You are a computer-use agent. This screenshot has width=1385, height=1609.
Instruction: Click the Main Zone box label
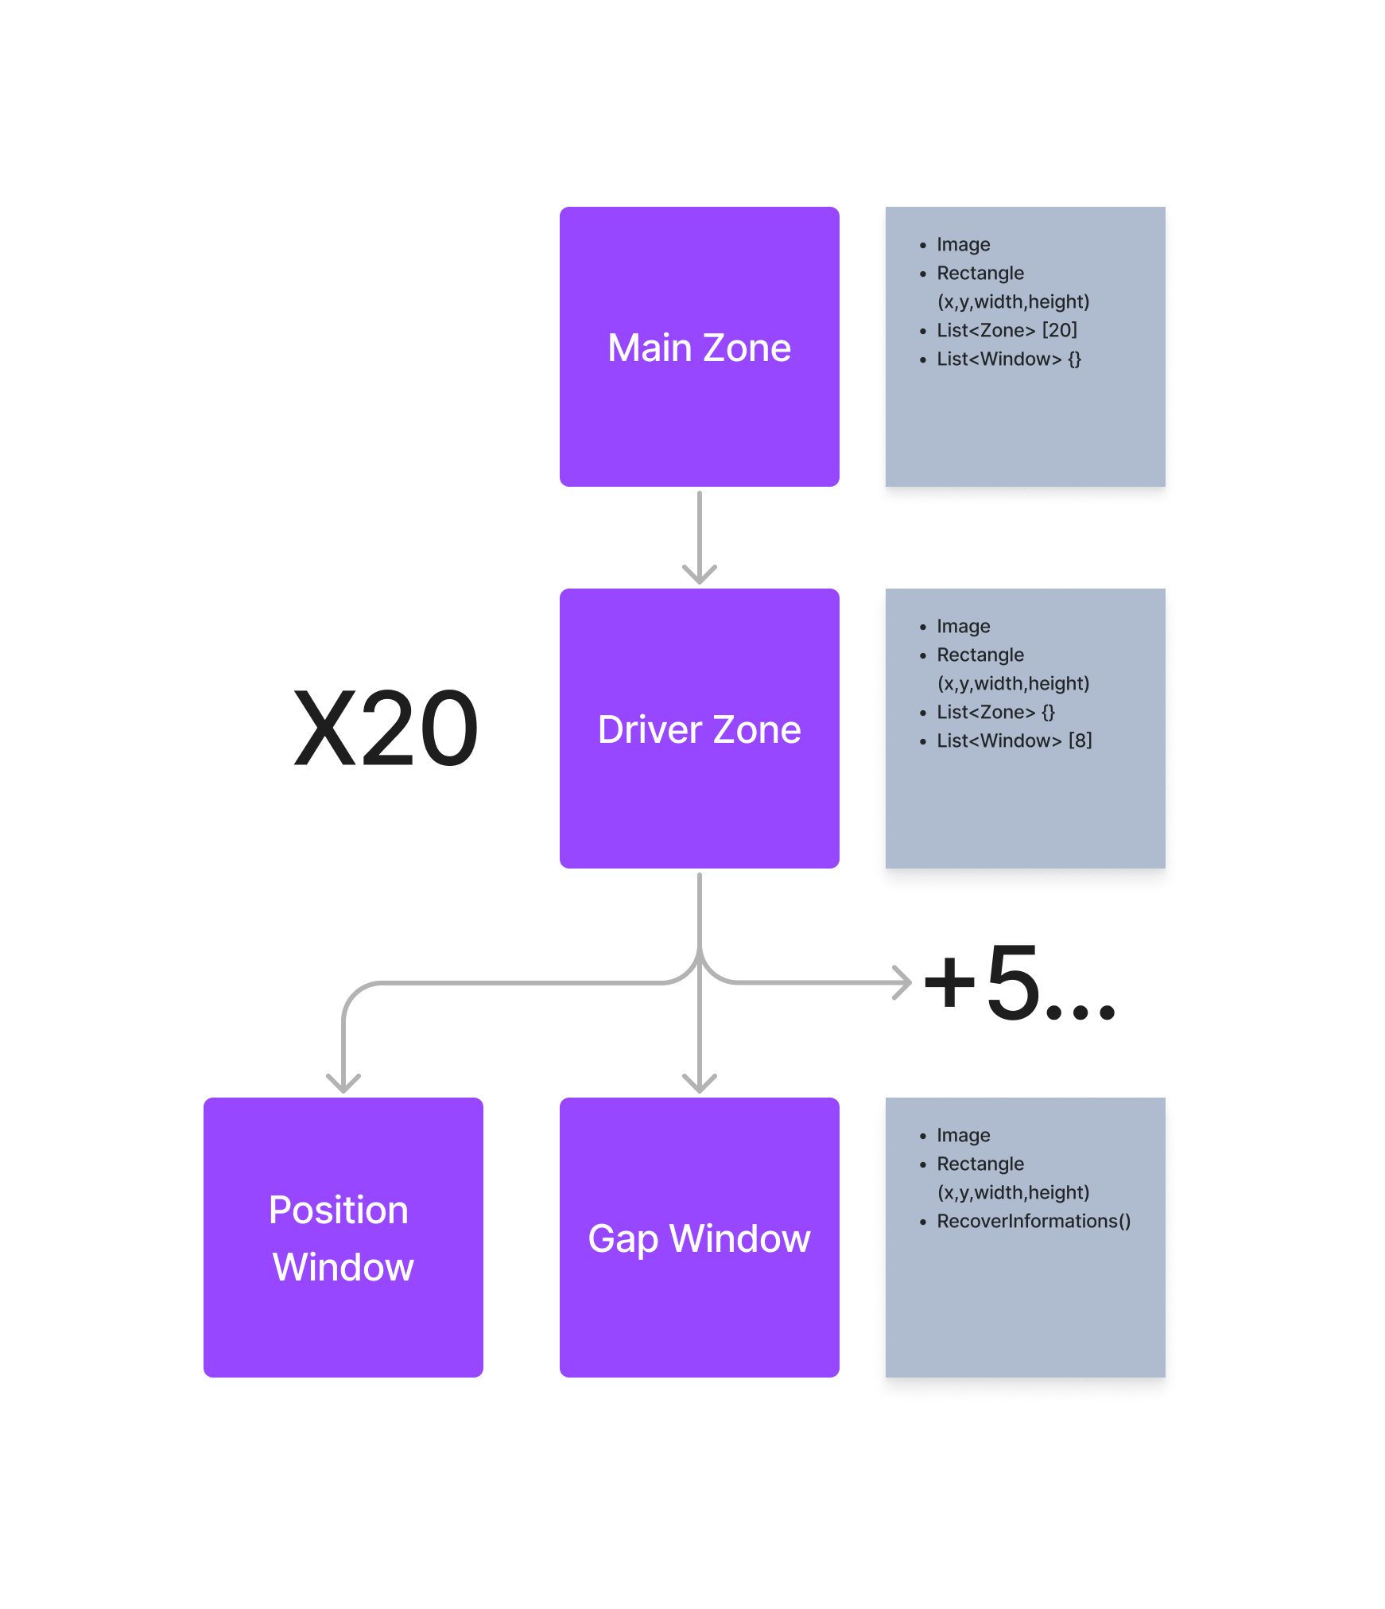(x=699, y=348)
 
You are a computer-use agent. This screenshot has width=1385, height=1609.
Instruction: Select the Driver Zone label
(x=699, y=730)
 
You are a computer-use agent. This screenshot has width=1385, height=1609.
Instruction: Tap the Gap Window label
(x=699, y=1238)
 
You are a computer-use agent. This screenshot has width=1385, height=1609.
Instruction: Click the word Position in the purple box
(x=339, y=1211)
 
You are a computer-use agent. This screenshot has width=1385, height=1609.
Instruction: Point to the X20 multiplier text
(x=386, y=729)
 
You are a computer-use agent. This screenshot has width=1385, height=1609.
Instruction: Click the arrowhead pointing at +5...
(x=904, y=983)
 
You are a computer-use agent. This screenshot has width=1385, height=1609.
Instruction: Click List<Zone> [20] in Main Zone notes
(x=1007, y=330)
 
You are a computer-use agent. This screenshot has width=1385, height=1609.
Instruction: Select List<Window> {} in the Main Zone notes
(x=1008, y=359)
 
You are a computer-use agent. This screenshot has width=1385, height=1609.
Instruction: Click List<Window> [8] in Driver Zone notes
(x=1014, y=740)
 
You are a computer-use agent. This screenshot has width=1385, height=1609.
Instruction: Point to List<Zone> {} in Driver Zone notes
(x=995, y=712)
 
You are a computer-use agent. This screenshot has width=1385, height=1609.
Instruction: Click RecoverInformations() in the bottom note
(x=1034, y=1221)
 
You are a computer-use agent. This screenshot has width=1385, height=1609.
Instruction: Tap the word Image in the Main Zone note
(x=963, y=244)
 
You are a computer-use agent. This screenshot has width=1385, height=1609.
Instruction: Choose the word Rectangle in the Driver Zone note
(x=980, y=655)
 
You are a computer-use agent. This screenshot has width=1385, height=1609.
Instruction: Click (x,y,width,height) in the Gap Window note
(x=1013, y=1192)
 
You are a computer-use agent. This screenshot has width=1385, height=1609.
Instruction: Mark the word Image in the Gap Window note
(x=963, y=1135)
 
